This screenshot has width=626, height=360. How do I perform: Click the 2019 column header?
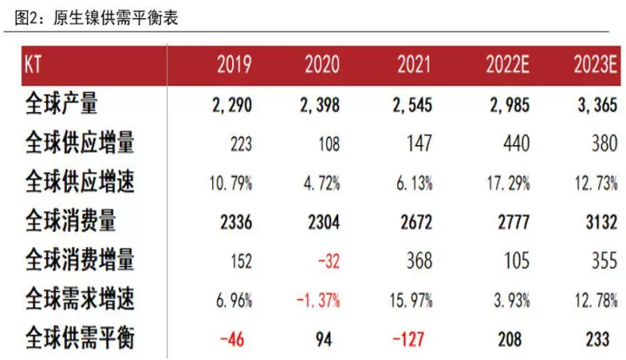tap(235, 64)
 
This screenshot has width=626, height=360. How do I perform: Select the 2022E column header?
tap(508, 64)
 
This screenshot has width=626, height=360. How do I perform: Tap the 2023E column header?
tap(596, 64)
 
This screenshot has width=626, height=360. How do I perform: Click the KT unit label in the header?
tap(33, 64)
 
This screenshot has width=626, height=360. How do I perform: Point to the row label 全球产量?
tap(62, 103)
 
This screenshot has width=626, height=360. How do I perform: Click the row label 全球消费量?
tap(70, 220)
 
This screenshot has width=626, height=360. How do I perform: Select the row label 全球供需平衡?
tap(80, 337)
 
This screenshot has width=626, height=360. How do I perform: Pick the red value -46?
tap(232, 339)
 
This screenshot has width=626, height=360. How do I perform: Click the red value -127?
tap(408, 339)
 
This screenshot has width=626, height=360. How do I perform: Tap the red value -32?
tap(329, 262)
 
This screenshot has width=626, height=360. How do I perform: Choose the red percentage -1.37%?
tap(318, 300)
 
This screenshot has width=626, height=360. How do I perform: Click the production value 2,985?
tap(509, 105)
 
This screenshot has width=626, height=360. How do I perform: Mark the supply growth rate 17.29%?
tap(509, 183)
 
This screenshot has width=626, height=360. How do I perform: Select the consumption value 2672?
tap(416, 223)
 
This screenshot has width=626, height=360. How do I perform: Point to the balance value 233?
tap(597, 339)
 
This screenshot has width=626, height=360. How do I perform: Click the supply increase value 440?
tap(516, 143)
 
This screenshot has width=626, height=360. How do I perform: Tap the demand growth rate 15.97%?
tap(411, 300)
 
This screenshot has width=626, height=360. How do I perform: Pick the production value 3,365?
tap(597, 105)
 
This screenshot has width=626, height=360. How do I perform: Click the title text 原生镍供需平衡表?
tap(116, 18)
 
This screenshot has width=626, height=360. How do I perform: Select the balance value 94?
tap(323, 339)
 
